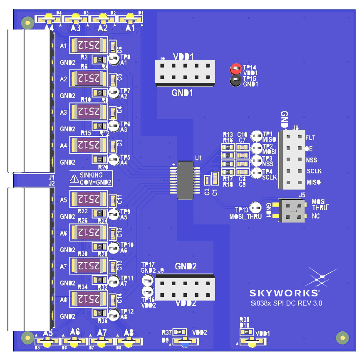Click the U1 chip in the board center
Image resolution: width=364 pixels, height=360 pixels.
[186, 180]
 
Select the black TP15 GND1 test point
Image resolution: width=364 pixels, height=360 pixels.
[236, 81]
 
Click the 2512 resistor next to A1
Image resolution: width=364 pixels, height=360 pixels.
[89, 44]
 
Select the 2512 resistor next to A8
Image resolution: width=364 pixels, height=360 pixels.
[89, 298]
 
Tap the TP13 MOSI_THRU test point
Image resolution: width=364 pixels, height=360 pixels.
[255, 207]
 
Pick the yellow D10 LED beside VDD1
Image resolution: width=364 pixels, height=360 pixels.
[251, 342]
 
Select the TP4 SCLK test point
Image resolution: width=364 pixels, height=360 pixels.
[257, 173]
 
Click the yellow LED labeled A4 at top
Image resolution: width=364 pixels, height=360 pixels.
[49, 18]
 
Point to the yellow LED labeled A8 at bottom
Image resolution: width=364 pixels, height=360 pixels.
[129, 342]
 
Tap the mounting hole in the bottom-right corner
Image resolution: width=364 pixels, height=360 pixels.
[342, 338]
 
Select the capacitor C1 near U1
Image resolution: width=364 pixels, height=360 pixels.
[215, 179]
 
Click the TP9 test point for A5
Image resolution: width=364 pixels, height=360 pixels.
[113, 214]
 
